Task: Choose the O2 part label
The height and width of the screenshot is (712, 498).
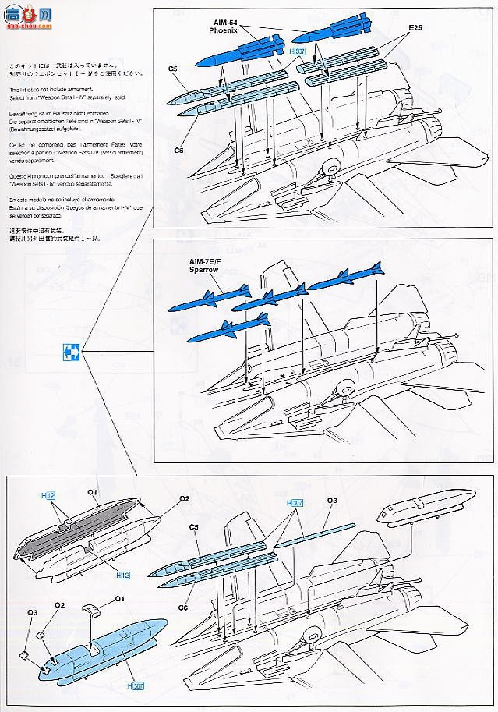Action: point(185,498)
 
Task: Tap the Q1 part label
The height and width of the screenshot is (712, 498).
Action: point(119,599)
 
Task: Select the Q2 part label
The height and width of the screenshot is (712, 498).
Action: point(59,605)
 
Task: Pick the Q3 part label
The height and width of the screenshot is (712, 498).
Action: point(32,612)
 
